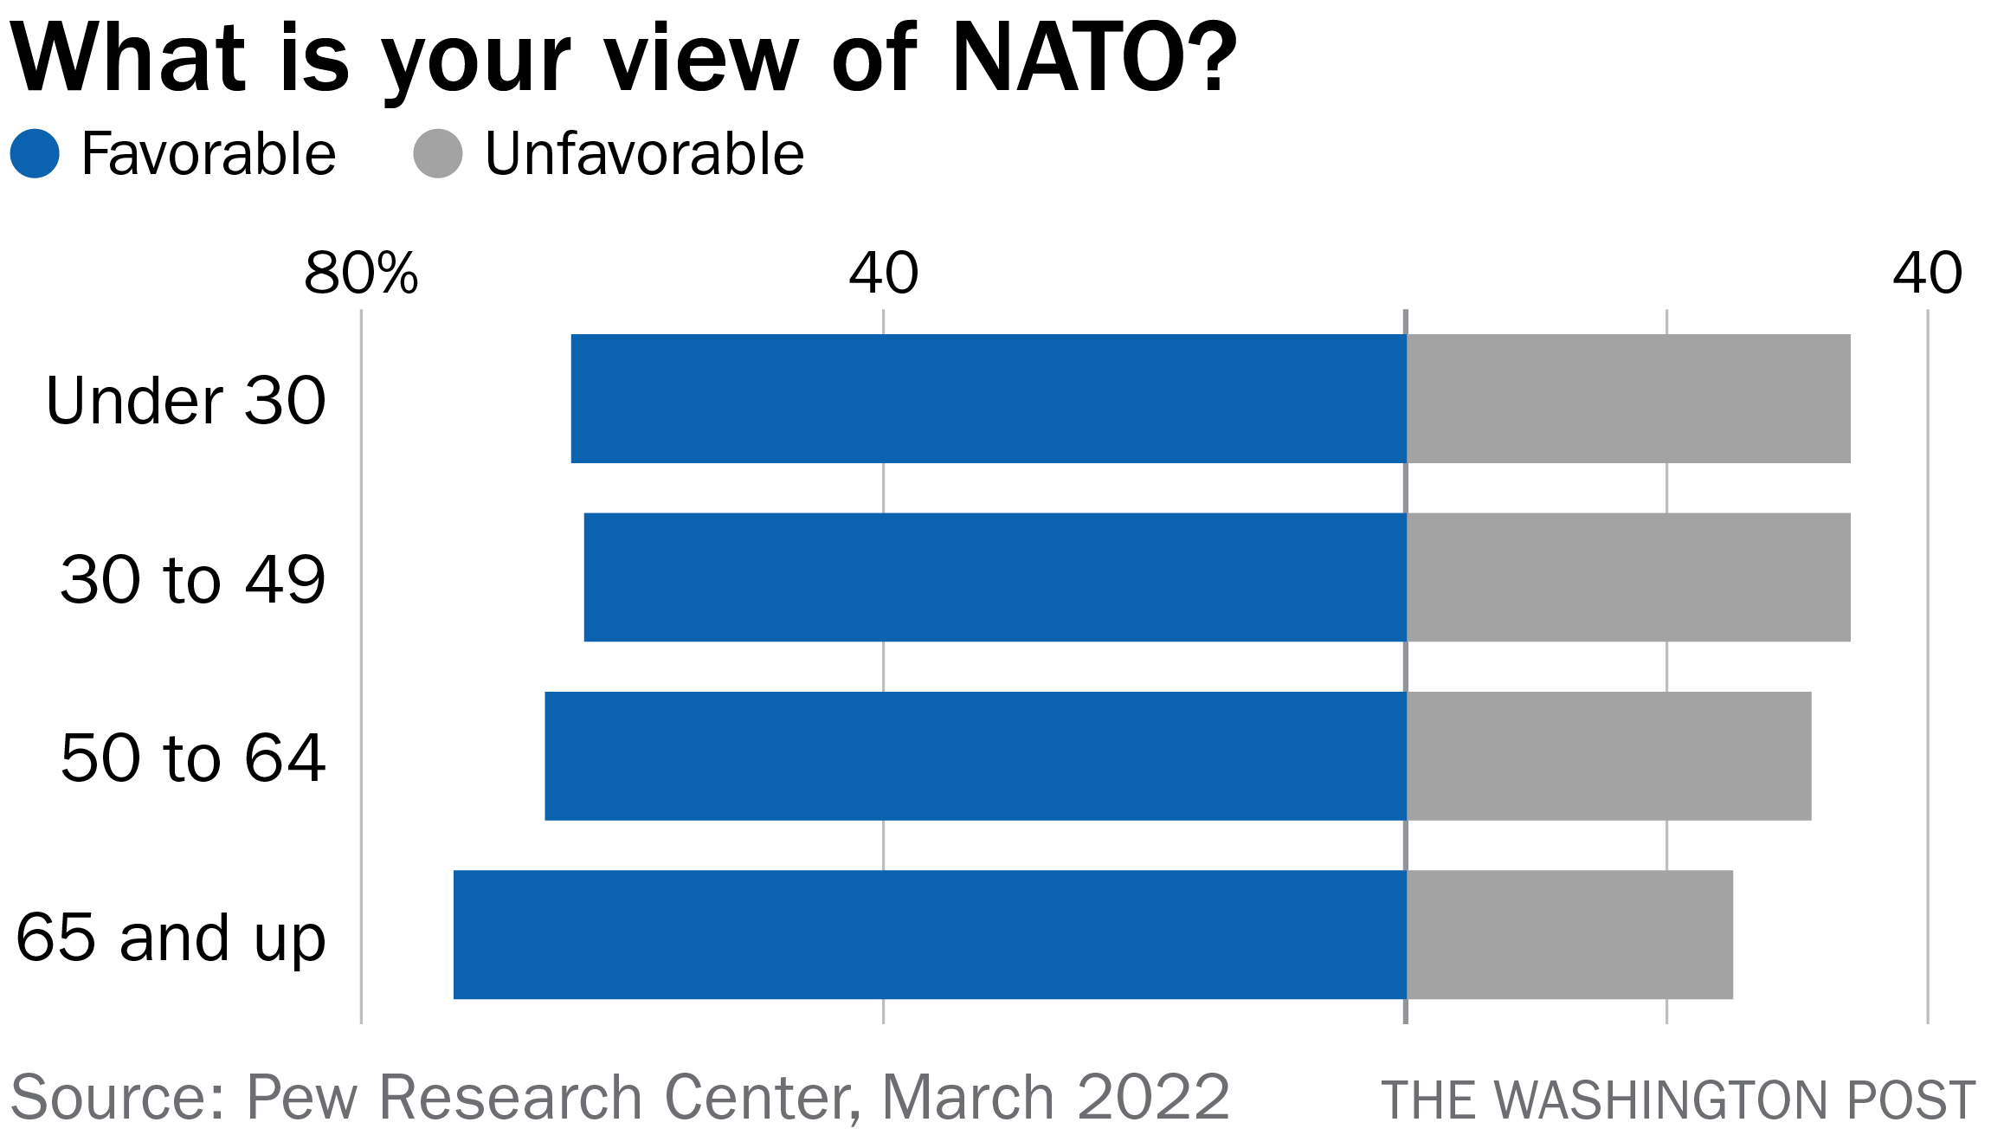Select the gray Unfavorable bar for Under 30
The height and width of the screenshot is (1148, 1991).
1628,399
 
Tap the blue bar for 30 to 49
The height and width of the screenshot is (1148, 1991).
995,577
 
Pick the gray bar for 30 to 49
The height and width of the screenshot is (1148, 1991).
1628,577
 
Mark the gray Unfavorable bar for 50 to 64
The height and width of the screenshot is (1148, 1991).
1608,756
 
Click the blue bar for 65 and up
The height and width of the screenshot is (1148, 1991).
930,935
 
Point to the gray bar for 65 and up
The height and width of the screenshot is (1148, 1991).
1569,935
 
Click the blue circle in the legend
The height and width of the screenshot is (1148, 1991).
35,154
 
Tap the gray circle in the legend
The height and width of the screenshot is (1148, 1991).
438,154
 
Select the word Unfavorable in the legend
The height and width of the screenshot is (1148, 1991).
644,154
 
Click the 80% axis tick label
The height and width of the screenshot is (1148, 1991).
361,274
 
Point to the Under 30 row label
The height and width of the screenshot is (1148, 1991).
186,401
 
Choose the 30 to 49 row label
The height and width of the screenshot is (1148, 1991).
192,579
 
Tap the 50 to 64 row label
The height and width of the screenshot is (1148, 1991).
192,758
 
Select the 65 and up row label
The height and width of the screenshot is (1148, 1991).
171,938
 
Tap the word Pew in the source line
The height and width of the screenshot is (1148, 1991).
301,1098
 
